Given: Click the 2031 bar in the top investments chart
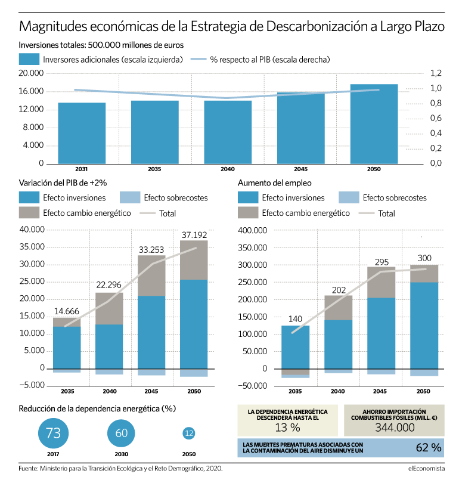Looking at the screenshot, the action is tap(82, 134).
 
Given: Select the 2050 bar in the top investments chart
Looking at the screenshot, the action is tap(374, 124).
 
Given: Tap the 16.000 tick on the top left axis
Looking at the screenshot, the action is tap(31, 91).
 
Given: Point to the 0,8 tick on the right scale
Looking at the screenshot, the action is tap(436, 103).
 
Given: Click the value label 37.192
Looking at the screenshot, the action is tap(194, 235).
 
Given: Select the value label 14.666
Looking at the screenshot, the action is tap(67, 311).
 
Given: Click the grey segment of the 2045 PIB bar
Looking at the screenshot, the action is tap(151, 275).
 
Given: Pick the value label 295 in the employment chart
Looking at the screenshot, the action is tap(382, 262).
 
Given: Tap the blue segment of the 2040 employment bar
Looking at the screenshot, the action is tap(339, 344).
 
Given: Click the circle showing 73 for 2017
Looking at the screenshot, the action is tap(53, 433).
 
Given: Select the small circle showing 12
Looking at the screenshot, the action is tap(189, 433).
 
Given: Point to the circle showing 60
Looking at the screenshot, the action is tap(121, 433).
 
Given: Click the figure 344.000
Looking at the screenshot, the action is tap(395, 428).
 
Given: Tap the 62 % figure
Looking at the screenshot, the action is tap(429, 448).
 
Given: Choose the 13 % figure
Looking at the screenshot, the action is tap(287, 428).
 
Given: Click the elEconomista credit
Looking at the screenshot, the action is tap(426, 468).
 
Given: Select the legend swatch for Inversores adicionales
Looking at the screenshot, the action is tap(29, 59).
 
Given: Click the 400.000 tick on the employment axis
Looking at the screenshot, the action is tap(252, 230).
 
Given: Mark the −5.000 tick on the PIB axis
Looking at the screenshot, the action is tap(32, 385).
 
